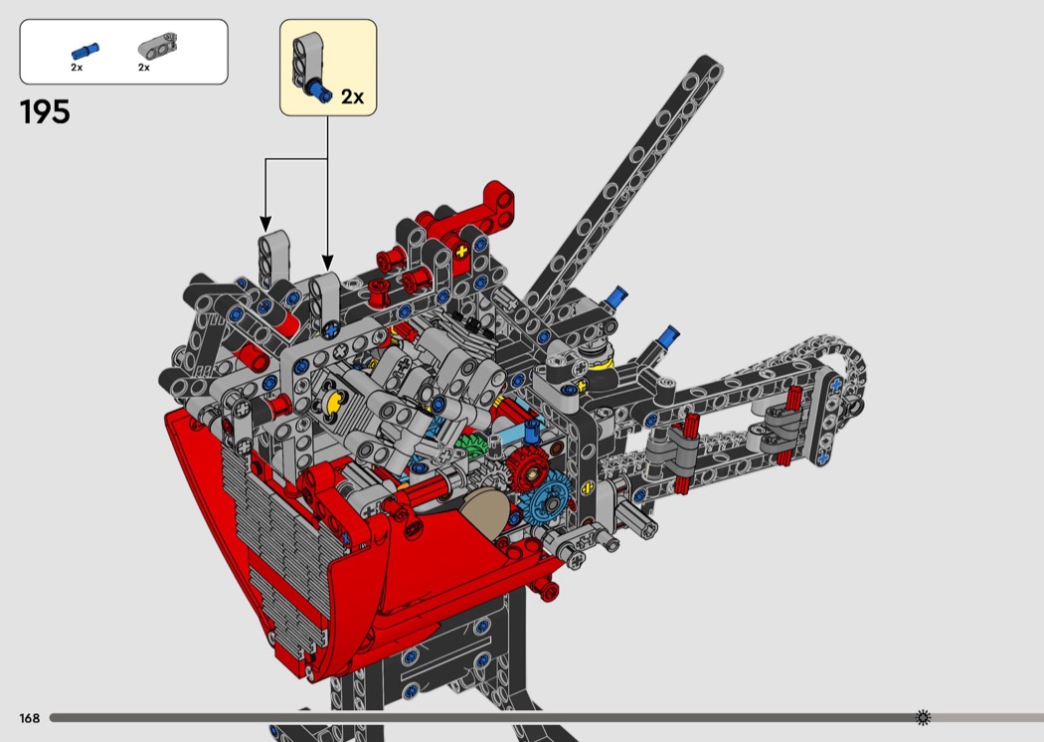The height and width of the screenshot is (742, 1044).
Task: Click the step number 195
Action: [x=45, y=112]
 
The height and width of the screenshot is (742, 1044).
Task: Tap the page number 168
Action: [x=29, y=718]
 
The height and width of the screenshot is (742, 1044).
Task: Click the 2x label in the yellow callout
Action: [x=352, y=97]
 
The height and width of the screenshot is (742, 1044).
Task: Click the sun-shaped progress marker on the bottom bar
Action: [x=923, y=717]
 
